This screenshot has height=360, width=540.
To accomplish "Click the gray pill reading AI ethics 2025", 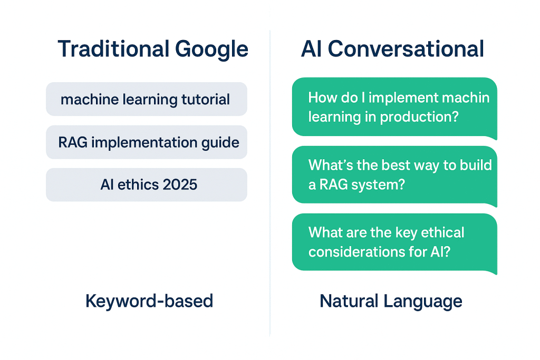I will [146, 185].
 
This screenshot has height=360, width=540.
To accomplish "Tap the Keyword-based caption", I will [149, 301].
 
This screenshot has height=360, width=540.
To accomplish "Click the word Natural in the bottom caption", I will [349, 301].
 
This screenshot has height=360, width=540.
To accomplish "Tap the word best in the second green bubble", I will [378, 165].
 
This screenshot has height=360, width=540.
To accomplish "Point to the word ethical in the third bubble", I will [439, 232].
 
